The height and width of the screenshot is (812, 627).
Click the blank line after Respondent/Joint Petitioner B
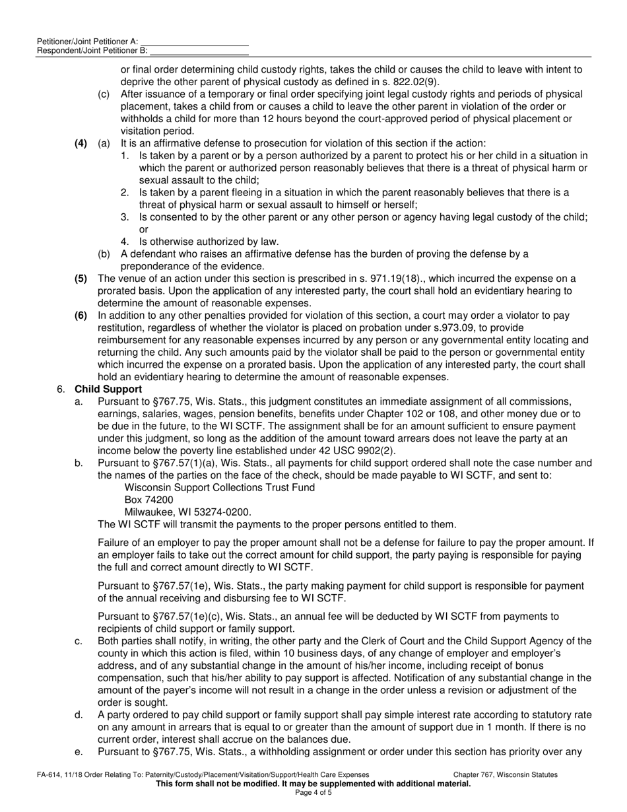[x=199, y=51]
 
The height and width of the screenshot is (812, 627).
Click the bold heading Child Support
[x=108, y=389]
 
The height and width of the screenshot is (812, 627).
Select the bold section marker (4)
[x=81, y=143]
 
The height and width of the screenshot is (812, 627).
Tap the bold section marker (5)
[x=81, y=279]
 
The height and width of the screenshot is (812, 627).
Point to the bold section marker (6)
[x=81, y=316]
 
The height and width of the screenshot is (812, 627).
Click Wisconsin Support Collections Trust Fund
[x=219, y=488]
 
